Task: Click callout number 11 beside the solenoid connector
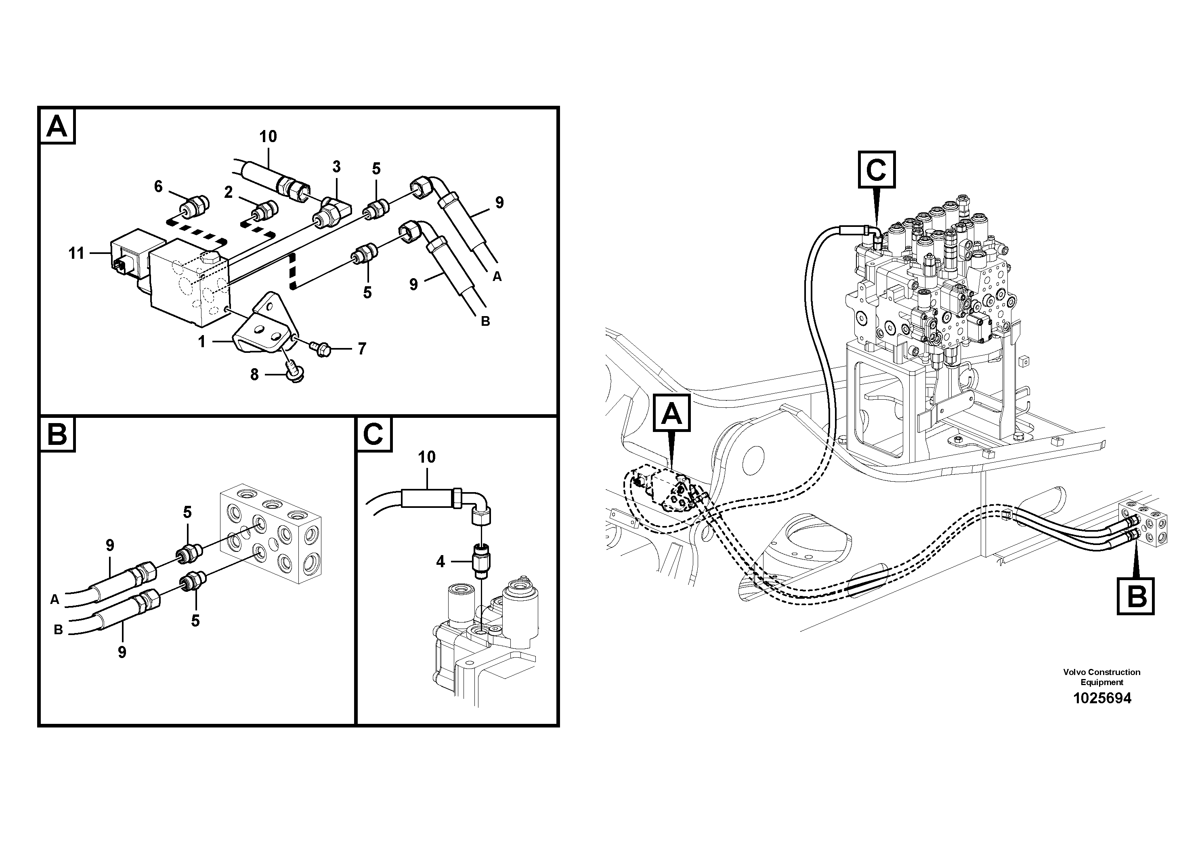tap(76, 254)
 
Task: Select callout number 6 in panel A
tap(158, 187)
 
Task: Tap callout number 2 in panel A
tap(228, 193)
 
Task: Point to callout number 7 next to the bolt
tap(362, 349)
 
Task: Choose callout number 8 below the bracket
tap(254, 375)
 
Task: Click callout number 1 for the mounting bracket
tap(201, 342)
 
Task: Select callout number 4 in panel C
tap(440, 562)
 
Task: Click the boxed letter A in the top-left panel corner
tap(57, 126)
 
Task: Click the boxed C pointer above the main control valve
tap(877, 170)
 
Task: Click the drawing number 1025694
tap(1102, 698)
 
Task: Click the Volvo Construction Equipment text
tap(1101, 677)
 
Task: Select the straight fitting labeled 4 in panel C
tap(480, 561)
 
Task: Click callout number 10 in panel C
tap(427, 457)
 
